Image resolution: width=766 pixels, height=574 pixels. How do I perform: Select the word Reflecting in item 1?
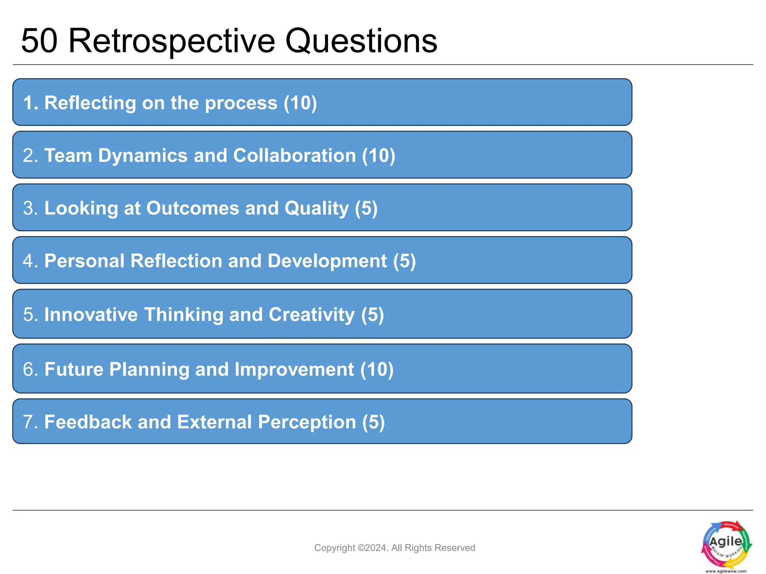(x=90, y=103)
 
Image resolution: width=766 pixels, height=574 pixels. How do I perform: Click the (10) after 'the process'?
(x=300, y=103)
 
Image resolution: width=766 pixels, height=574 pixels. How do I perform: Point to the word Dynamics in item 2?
(x=143, y=155)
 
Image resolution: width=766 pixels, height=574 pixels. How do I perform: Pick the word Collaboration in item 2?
(x=294, y=155)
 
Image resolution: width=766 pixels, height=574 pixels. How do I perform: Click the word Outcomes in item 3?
(x=192, y=208)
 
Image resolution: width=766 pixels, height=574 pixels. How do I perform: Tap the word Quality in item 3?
(x=316, y=208)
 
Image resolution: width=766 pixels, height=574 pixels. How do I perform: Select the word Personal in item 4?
(x=84, y=261)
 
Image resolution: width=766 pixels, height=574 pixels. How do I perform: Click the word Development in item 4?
(x=327, y=261)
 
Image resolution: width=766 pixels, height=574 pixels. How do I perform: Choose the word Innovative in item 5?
(x=91, y=314)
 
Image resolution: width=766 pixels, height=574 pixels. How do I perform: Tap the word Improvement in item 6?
(x=294, y=369)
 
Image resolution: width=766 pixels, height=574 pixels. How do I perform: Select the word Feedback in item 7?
(x=88, y=422)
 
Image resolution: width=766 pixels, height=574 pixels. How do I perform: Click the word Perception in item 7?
(x=307, y=422)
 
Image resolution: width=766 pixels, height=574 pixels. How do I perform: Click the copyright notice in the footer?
(x=395, y=548)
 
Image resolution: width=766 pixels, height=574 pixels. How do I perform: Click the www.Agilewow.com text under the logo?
(x=726, y=571)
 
